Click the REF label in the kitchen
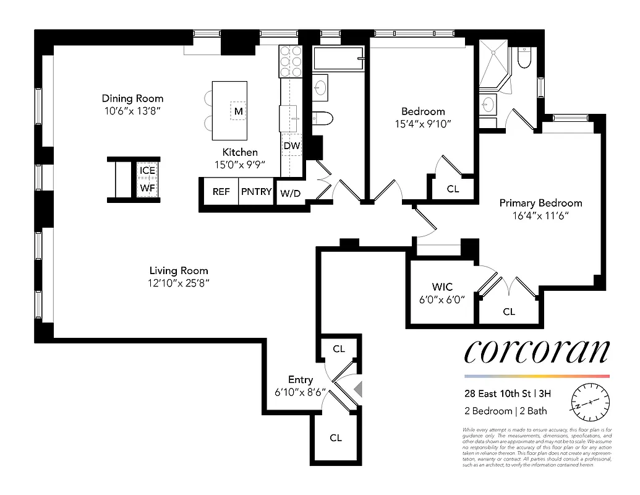point(221,192)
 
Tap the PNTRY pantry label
point(256,192)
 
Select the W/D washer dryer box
point(290,194)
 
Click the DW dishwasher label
point(291,146)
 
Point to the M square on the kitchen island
point(238,111)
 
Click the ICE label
point(147,171)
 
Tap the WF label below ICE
point(147,187)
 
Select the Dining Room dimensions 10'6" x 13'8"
point(132,111)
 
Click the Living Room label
point(179,270)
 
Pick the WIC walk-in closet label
point(442,287)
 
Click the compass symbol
point(591,402)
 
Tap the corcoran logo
point(537,352)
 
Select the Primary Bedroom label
point(540,203)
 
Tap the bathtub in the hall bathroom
point(338,59)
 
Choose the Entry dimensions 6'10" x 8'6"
point(301,392)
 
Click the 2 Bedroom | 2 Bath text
point(506,411)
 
